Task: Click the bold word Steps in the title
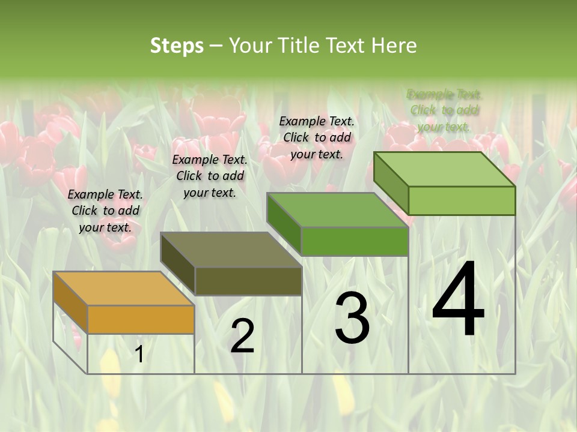coord(176,46)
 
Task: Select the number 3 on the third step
coord(352,318)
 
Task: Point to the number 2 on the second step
coord(242,336)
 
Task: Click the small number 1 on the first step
coord(139,354)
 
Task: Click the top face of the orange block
coord(123,289)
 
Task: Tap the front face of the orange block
coord(141,319)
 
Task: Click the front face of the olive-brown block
coord(248,281)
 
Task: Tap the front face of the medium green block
coord(355,241)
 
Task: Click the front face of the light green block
coord(462,200)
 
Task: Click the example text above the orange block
coord(105,211)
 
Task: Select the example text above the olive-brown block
coord(210,176)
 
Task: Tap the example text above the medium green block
coord(317,138)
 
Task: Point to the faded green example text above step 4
coord(444,110)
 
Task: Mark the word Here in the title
coord(394,46)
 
